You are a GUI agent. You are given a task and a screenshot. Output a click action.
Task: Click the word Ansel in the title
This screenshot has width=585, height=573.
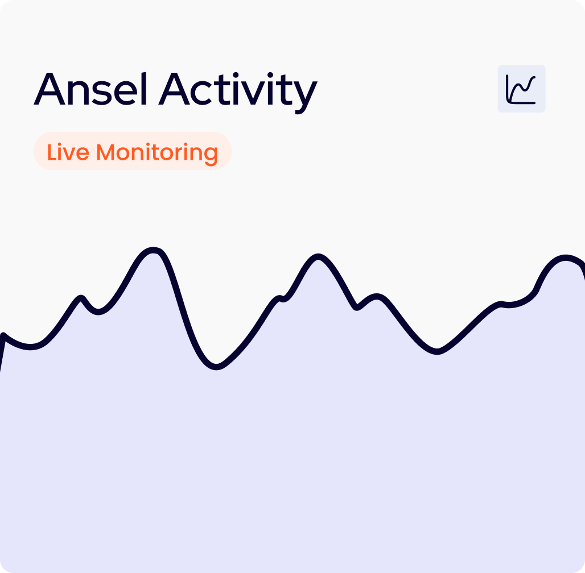90,88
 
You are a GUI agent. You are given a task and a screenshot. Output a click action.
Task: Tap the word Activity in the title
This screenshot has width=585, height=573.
238,93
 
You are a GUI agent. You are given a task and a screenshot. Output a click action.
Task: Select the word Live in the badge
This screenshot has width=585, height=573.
68,152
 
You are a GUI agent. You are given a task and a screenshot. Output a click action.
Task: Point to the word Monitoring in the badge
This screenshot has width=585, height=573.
157,153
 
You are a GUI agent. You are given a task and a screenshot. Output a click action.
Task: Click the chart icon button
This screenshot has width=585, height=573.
522,88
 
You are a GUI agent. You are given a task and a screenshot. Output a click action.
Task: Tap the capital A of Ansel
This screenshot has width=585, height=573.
50,89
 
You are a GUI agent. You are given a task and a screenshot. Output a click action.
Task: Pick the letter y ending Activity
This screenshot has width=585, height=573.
306,98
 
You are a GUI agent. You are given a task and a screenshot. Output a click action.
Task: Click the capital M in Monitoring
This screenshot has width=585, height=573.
105,152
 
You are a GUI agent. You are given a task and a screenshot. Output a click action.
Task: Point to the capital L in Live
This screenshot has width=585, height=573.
51,152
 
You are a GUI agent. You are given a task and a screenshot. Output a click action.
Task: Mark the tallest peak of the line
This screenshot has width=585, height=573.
153,250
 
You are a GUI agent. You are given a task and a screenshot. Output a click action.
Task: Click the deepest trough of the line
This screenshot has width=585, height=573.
216,367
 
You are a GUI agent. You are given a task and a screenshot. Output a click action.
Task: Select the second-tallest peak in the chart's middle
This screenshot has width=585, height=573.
318,256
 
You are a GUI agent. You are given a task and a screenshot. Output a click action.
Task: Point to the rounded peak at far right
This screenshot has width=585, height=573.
566,258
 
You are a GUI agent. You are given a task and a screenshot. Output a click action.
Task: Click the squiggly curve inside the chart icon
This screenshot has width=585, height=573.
522,89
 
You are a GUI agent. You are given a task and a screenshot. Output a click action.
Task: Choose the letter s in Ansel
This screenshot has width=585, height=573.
102,93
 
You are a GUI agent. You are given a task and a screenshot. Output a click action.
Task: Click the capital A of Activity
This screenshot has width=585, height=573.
174,89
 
